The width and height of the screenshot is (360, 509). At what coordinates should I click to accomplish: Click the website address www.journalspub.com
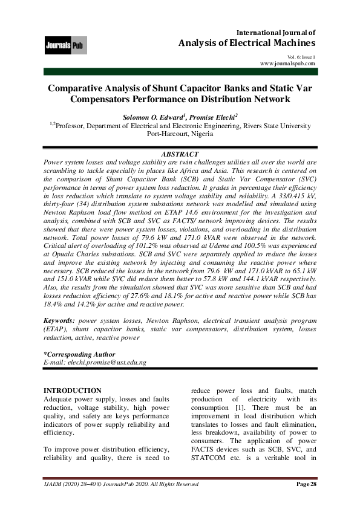287,63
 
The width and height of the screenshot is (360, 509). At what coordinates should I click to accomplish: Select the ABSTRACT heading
180,155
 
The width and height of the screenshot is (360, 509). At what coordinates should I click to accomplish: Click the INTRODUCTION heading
73,391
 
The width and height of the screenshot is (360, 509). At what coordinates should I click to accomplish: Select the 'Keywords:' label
61,319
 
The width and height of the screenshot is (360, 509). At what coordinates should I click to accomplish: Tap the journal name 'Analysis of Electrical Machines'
247,44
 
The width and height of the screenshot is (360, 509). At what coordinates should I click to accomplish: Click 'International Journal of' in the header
275,32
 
